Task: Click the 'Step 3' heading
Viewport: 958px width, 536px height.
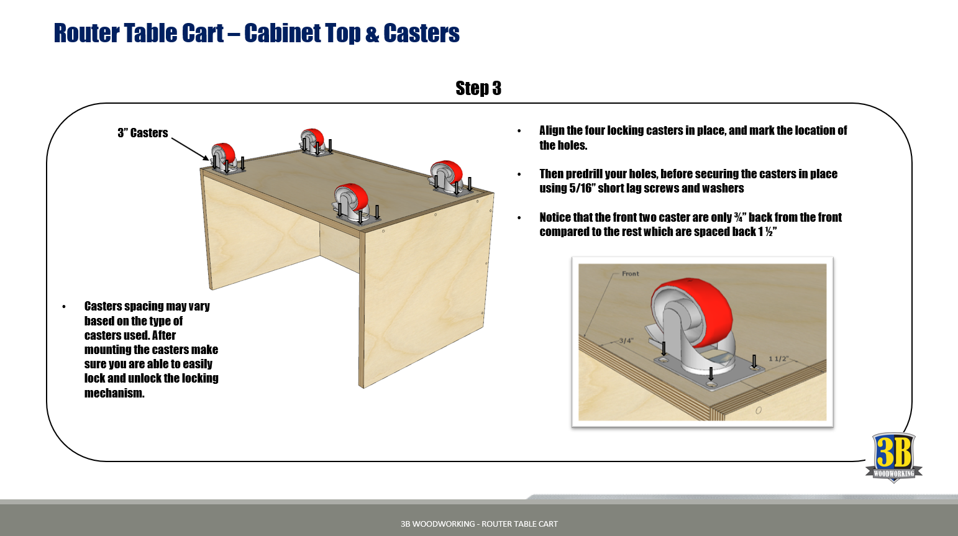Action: (x=478, y=88)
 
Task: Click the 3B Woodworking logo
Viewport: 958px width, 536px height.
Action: (x=893, y=457)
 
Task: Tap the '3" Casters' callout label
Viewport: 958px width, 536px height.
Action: (x=142, y=133)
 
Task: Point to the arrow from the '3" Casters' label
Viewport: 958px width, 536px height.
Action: (x=189, y=149)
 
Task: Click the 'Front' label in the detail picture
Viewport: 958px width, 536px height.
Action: (x=630, y=273)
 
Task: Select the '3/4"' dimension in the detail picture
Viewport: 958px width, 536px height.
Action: (x=626, y=340)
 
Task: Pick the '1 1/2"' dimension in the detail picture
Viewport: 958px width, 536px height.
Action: (x=778, y=358)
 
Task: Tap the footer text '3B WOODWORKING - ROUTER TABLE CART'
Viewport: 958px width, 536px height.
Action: (x=479, y=524)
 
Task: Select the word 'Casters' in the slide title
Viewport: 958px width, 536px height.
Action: (x=421, y=34)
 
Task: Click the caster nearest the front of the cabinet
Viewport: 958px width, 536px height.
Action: (x=352, y=202)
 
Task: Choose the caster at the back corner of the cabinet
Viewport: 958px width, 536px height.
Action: (x=312, y=141)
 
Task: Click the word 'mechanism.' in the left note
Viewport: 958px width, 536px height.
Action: (x=114, y=393)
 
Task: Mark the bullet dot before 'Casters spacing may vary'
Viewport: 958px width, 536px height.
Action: (x=64, y=307)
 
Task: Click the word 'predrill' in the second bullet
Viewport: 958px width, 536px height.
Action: (x=585, y=174)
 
